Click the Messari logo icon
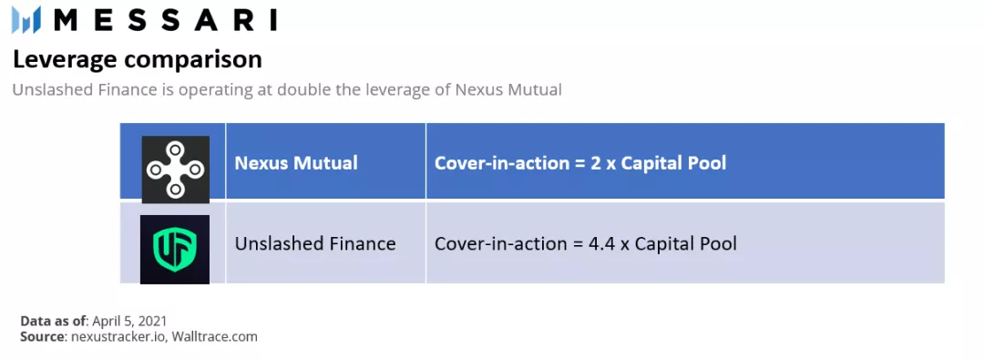click(x=26, y=19)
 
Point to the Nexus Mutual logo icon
click(x=175, y=170)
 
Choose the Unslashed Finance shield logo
click(x=175, y=248)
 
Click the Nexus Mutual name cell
click(x=296, y=163)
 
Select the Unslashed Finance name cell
click(x=315, y=243)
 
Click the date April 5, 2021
click(x=129, y=321)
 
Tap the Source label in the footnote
click(x=42, y=336)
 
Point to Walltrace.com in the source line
click(x=215, y=336)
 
